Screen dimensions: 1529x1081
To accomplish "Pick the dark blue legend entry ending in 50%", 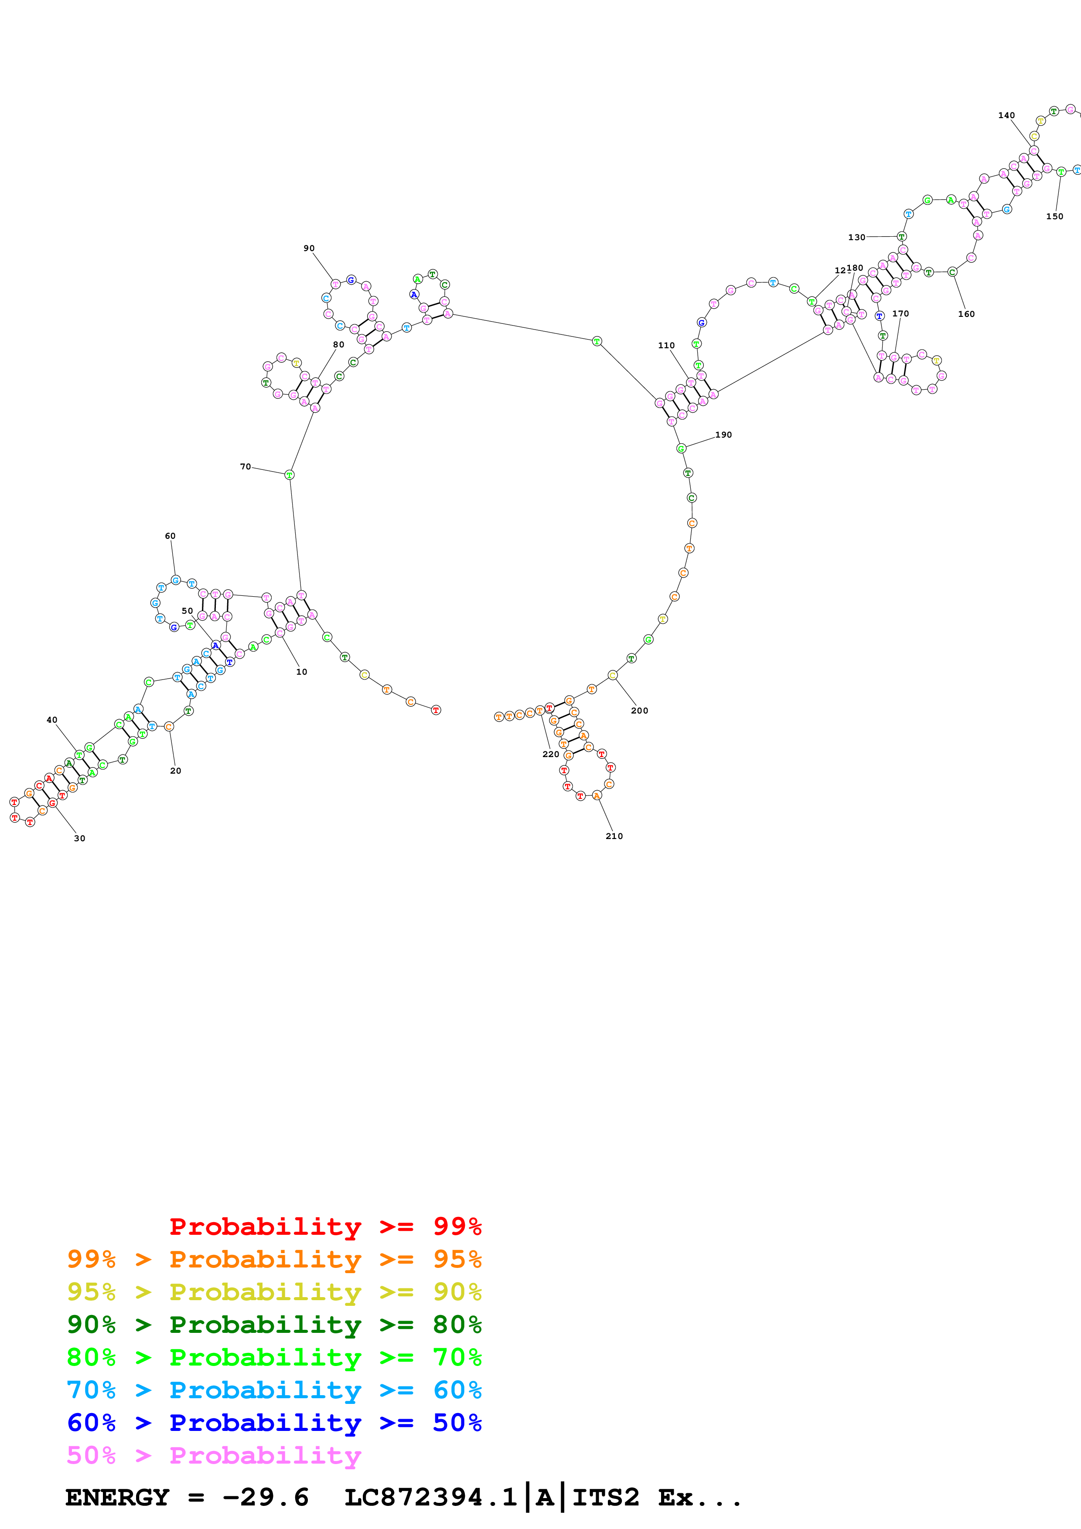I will click(x=274, y=1423).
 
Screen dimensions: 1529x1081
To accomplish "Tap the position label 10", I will click(x=302, y=672).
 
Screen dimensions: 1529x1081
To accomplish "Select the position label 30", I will click(x=79, y=839).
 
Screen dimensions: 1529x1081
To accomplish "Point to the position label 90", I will click(x=309, y=248).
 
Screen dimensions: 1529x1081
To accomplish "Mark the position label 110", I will click(x=666, y=346).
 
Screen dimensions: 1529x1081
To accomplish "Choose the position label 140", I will click(x=1006, y=115).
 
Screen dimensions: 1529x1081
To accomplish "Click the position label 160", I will click(x=966, y=314).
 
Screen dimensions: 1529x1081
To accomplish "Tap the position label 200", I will click(x=639, y=710).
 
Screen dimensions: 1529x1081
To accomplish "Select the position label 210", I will click(x=614, y=836).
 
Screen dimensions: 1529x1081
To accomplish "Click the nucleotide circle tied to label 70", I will click(x=289, y=475).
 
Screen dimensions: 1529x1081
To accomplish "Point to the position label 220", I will click(x=551, y=754).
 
